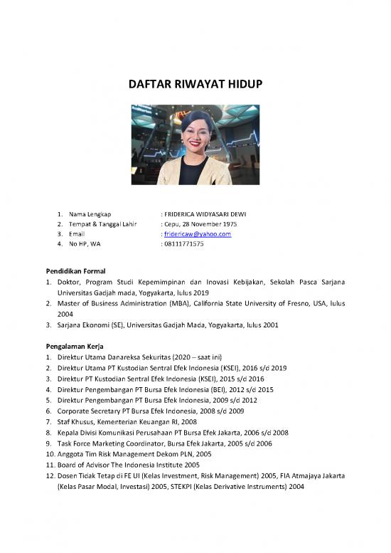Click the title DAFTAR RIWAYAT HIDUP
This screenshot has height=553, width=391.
195,85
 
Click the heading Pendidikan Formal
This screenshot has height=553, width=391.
76,271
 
